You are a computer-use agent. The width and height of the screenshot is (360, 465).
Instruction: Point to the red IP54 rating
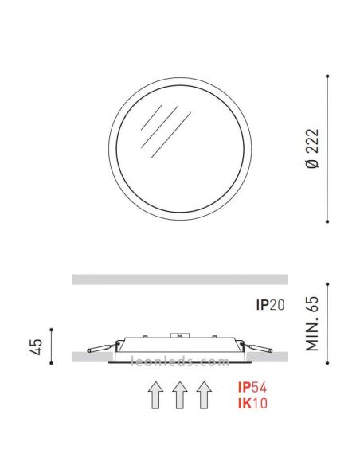click(x=251, y=387)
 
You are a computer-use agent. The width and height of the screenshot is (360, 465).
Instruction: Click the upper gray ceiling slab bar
click(x=179, y=279)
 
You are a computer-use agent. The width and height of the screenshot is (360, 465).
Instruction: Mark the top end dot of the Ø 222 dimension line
click(x=328, y=76)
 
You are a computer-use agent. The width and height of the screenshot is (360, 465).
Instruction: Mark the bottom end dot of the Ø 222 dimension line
click(x=328, y=221)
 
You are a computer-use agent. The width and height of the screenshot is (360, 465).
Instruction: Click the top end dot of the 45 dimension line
click(x=50, y=329)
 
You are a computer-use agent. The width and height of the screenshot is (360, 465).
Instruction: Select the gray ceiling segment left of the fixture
click(x=88, y=357)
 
